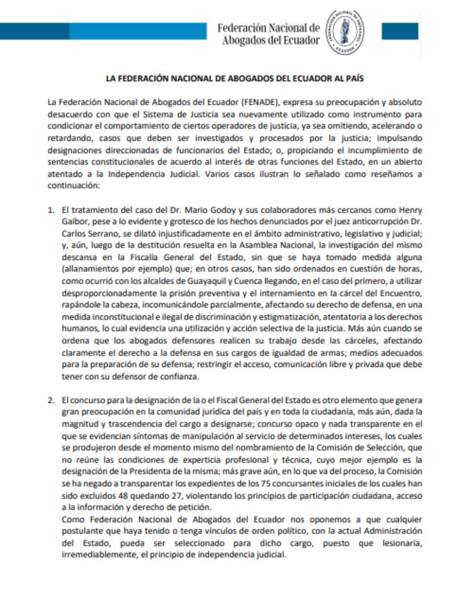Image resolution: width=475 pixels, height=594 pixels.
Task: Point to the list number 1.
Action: point(50,210)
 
